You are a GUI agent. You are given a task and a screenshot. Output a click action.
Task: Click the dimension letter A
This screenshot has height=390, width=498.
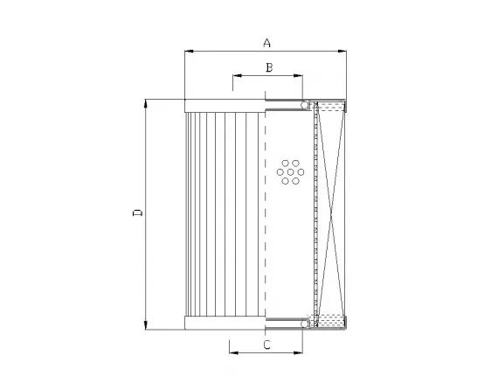click(x=267, y=42)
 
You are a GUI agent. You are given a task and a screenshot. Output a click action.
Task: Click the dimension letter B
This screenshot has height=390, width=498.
click(x=270, y=67)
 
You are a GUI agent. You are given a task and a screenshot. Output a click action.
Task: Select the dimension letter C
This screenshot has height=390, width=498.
click(x=266, y=345)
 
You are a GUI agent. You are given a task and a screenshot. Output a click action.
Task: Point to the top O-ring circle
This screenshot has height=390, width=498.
click(x=307, y=106)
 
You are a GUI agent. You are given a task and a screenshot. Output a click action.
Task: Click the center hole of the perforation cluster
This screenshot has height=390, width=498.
click(x=290, y=172)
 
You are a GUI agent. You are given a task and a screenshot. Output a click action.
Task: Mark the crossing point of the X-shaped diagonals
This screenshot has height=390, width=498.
click(x=331, y=213)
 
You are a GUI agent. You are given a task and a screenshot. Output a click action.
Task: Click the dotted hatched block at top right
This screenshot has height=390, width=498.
click(x=333, y=108)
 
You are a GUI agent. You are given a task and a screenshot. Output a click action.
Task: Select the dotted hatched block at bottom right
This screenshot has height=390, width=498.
click(x=333, y=321)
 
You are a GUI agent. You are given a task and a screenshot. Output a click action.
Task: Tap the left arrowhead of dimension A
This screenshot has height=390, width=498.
click(x=188, y=52)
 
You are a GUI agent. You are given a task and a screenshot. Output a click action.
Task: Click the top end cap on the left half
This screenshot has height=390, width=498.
click(x=225, y=105)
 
